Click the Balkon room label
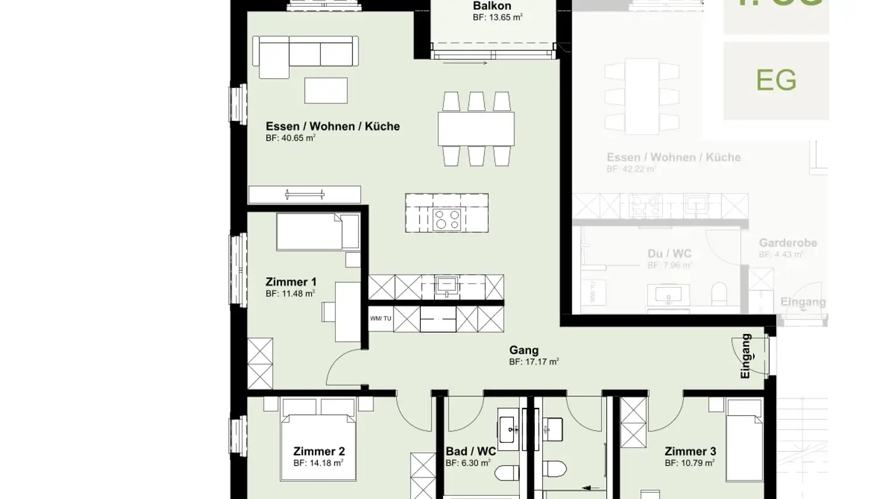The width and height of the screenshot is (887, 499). pyautogui.click(x=492, y=6)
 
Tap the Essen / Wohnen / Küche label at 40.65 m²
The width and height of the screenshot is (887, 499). pyautogui.click(x=333, y=126)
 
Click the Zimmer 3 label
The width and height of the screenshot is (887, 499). pyautogui.click(x=690, y=452)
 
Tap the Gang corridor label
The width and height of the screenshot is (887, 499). pyautogui.click(x=524, y=351)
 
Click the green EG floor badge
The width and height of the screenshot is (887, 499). pyautogui.click(x=776, y=81)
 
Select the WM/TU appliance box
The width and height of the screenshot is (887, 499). pyautogui.click(x=380, y=318)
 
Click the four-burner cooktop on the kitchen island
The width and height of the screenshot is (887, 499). pyautogui.click(x=447, y=219)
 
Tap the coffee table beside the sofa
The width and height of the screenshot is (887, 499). pyautogui.click(x=326, y=91)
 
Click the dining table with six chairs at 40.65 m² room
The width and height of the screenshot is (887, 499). pyautogui.click(x=476, y=128)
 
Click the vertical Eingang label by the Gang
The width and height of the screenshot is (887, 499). pyautogui.click(x=746, y=356)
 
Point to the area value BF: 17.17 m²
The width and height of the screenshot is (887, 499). pyautogui.click(x=533, y=362)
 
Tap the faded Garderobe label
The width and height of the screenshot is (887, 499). pyautogui.click(x=788, y=243)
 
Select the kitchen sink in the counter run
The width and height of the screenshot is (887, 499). pyautogui.click(x=444, y=286)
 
